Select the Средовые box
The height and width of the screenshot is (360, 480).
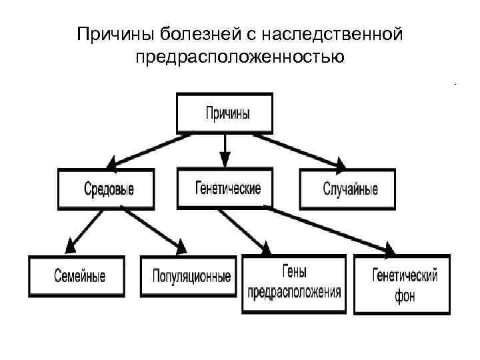106,189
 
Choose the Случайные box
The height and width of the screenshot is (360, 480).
347,189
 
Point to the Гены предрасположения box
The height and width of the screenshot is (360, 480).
293,283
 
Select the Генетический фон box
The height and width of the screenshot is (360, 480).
401,284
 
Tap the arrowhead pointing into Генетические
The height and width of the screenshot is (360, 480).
225,160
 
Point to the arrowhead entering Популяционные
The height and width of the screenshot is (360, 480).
181,248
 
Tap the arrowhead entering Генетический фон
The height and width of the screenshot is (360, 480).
389,249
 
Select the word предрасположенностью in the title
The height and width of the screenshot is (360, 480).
240,57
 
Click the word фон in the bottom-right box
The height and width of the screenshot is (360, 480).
404,295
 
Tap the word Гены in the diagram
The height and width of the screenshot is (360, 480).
294,271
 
